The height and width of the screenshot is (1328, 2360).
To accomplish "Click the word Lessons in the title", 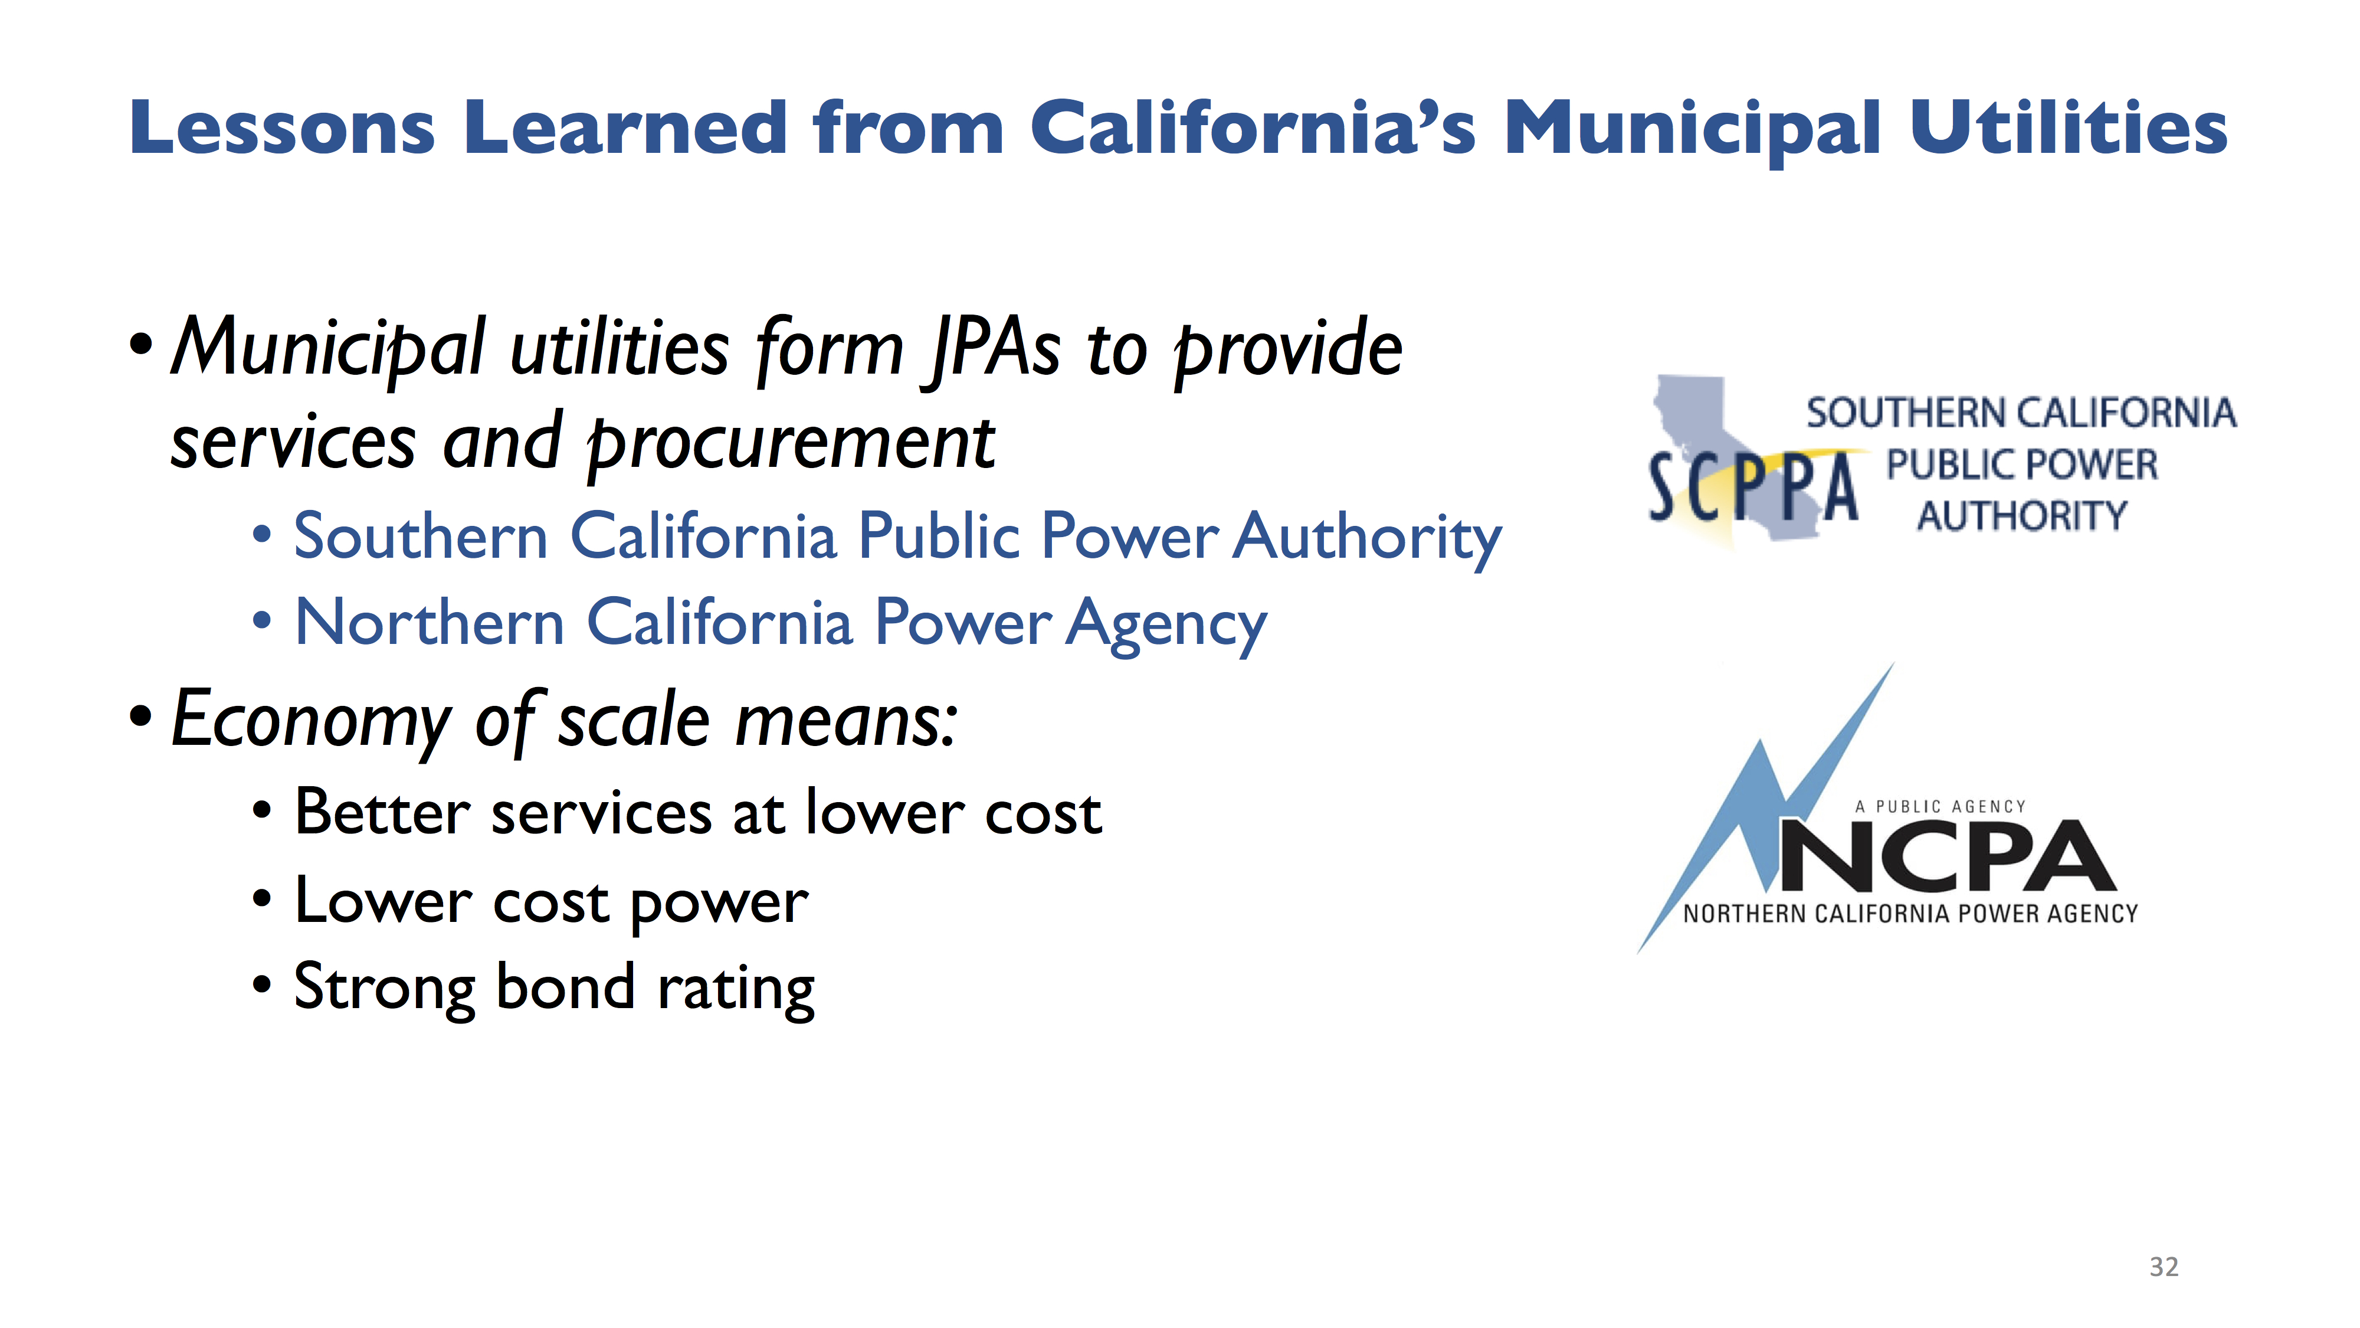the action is tap(282, 127).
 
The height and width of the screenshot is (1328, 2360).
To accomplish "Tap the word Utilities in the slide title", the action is tap(2070, 127).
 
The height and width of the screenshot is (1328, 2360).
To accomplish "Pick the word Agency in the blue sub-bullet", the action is tap(1166, 624).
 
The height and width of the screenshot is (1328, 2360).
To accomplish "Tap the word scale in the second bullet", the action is tap(634, 720).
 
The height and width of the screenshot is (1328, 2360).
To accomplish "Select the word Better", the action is tap(383, 812).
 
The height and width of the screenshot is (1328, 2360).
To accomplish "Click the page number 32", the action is tap(2164, 1267).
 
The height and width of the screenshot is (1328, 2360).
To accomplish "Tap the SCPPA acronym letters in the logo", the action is tap(1753, 488).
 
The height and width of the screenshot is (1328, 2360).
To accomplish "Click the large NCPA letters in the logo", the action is tap(1948, 856).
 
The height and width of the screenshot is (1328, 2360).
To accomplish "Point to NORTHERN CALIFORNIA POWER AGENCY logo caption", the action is tap(1911, 914).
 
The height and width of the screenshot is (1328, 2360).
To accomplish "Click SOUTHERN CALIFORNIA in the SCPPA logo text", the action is tap(2021, 413).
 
